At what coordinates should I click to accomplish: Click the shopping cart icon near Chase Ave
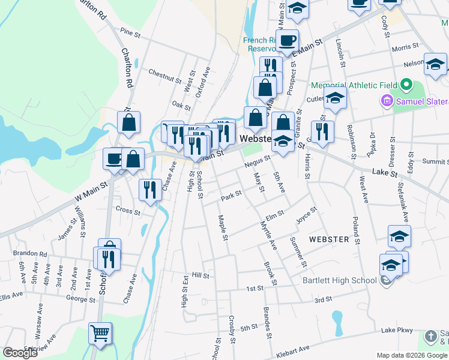[x=100, y=332]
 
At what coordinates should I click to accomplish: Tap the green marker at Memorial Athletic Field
[x=407, y=85]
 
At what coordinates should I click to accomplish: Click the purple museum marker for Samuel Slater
[x=386, y=101]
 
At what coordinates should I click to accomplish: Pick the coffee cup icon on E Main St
[x=288, y=40]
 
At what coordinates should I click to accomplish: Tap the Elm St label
[x=274, y=214]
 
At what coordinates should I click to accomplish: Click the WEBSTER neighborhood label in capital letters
[x=328, y=239]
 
